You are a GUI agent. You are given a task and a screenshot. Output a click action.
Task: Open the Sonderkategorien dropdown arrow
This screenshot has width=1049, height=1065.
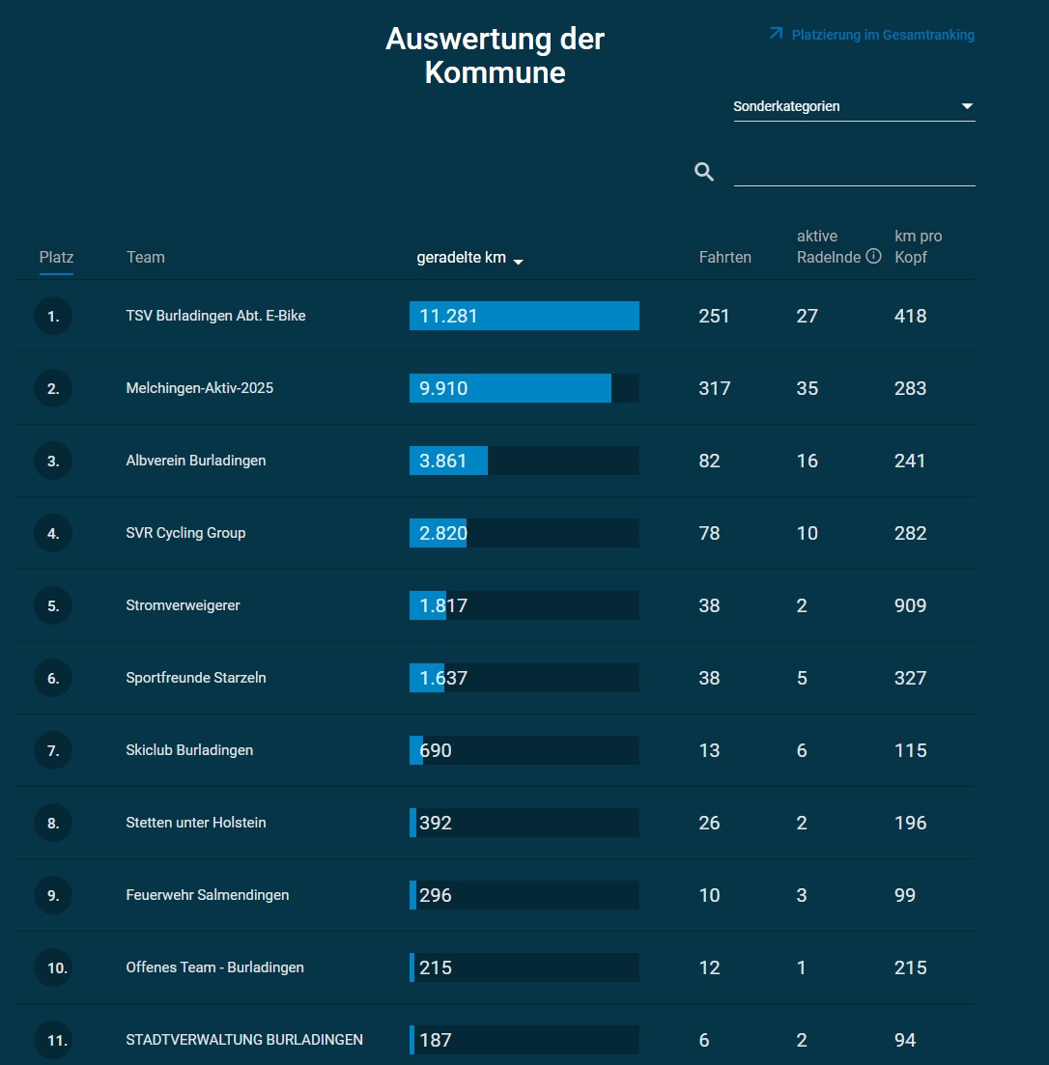click(x=967, y=106)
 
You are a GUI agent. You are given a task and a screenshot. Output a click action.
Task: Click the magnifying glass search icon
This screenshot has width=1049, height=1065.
click(x=704, y=172)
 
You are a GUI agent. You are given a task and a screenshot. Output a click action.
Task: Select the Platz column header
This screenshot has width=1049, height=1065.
click(x=56, y=257)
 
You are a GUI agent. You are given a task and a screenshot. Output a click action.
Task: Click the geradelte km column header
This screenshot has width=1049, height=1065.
click(x=462, y=257)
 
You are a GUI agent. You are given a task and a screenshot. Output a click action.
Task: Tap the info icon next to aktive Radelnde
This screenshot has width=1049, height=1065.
click(x=873, y=257)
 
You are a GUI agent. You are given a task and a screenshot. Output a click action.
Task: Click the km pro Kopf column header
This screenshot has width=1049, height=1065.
click(x=918, y=246)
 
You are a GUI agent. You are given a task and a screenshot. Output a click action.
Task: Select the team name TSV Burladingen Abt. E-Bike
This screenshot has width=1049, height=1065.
click(x=215, y=316)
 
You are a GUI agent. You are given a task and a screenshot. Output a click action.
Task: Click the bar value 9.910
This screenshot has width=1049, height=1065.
click(x=443, y=388)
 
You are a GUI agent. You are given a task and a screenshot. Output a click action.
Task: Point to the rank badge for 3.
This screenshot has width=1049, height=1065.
click(x=53, y=461)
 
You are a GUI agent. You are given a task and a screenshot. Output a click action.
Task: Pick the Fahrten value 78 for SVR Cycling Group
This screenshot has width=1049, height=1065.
click(x=709, y=533)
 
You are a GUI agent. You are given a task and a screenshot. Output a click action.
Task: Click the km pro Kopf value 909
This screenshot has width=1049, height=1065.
click(x=910, y=605)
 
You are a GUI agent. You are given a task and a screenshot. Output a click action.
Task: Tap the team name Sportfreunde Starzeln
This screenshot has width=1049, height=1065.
click(x=196, y=678)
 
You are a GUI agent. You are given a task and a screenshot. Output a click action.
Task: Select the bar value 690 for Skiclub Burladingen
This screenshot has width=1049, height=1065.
click(x=436, y=750)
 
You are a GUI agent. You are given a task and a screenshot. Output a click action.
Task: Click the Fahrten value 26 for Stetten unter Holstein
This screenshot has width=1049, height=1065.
click(x=709, y=823)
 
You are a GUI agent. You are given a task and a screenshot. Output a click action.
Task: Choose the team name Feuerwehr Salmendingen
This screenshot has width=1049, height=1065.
click(x=207, y=895)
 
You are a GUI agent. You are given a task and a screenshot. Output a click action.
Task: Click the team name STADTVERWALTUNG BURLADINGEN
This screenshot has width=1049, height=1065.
click(x=244, y=1040)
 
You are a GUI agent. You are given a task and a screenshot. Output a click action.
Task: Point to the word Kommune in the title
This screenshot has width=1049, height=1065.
click(x=495, y=73)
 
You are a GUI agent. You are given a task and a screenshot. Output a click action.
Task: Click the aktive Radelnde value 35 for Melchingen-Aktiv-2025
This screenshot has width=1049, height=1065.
click(x=807, y=388)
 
